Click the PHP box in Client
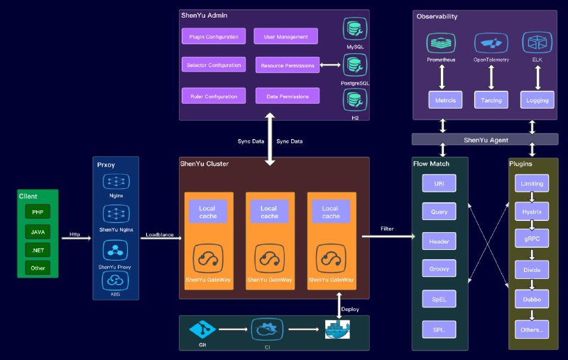click(38, 212)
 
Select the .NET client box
click(38, 249)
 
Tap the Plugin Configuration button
click(214, 36)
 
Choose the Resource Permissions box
click(288, 65)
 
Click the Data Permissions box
click(288, 95)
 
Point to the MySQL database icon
click(355, 30)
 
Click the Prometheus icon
click(441, 43)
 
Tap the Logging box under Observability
click(537, 100)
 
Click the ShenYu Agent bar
click(486, 140)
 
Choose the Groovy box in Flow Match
click(439, 269)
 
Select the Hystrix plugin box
click(532, 211)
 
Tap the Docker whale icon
click(337, 330)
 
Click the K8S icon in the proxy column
click(115, 280)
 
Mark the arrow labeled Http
click(75, 239)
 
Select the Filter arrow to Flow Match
click(387, 236)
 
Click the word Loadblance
click(160, 234)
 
